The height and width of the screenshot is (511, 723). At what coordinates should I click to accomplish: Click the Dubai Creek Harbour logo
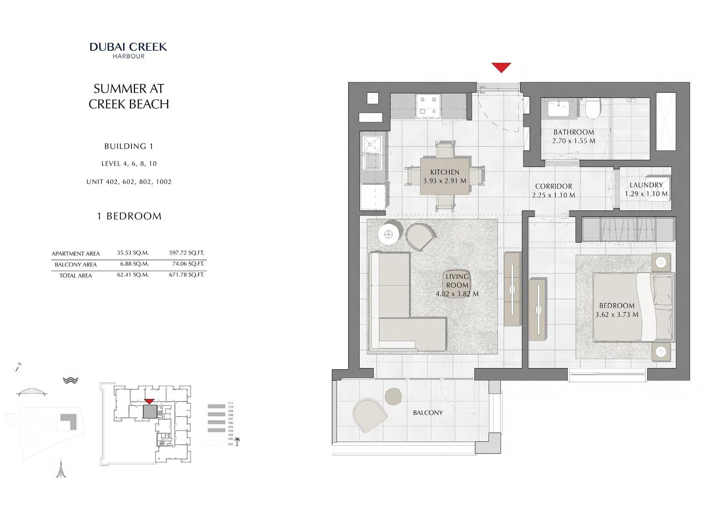pos(128,50)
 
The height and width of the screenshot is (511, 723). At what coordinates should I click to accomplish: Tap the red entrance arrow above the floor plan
pos(501,67)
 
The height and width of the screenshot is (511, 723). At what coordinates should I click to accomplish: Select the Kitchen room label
pos(445,172)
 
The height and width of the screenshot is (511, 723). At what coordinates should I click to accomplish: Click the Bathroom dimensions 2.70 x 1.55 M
pos(574,141)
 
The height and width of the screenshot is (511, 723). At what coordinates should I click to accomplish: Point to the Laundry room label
pos(646,185)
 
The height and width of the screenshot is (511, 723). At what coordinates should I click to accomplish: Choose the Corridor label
pos(554,186)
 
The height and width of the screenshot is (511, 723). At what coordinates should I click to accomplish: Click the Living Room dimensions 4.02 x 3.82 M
pos(457,294)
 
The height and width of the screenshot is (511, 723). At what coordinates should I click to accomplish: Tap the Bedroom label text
pos(617,306)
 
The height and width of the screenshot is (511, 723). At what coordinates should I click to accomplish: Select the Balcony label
pos(428,413)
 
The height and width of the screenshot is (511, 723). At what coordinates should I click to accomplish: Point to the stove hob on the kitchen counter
pos(429,106)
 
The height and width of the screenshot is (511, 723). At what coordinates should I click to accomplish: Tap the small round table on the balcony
pos(393,397)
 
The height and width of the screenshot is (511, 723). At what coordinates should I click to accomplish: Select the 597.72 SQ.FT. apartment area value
pos(187,253)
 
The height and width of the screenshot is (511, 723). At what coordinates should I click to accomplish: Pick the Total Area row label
pos(76,276)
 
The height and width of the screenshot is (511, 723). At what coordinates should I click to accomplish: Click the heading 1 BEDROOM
pos(129,216)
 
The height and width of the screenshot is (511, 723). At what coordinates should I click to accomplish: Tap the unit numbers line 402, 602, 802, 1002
pos(129,182)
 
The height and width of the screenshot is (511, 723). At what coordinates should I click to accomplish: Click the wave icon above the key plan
pos(70,380)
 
